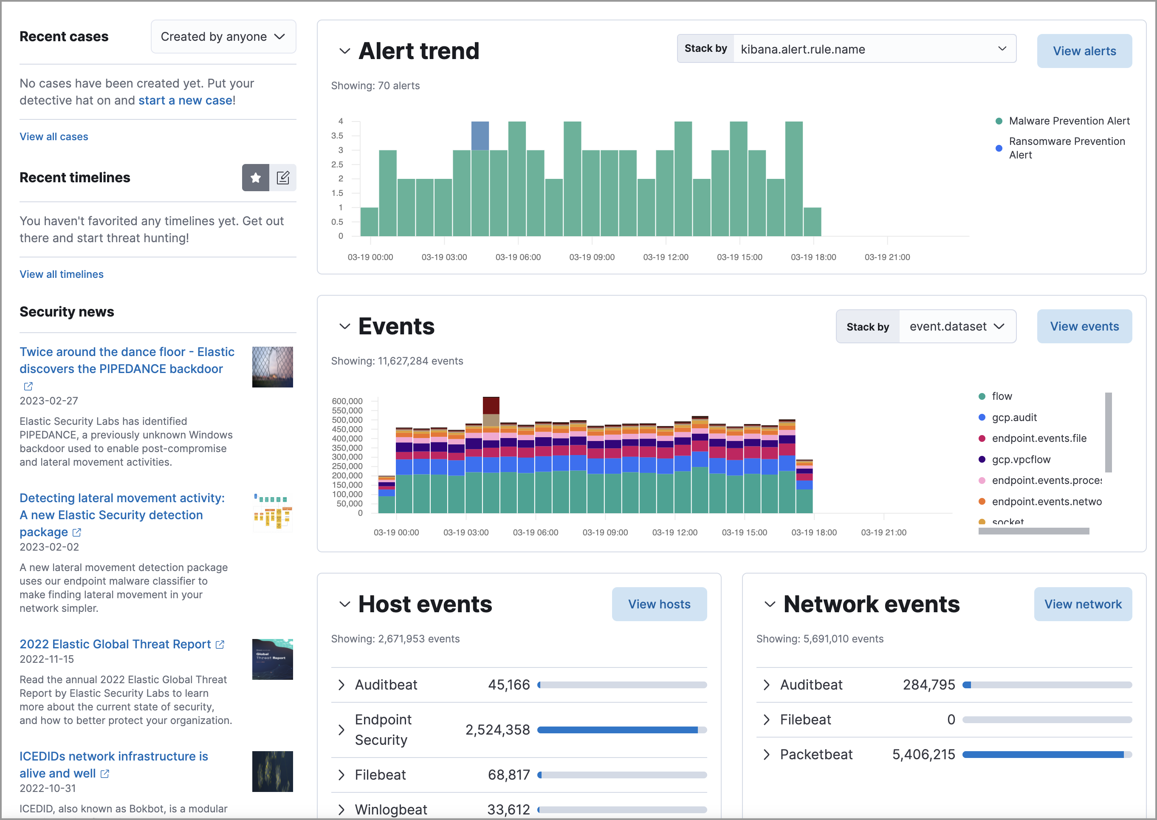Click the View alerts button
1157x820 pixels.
[1084, 51]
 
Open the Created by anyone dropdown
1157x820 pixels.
[223, 37]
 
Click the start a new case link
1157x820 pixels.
[185, 100]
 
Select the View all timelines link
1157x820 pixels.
[61, 274]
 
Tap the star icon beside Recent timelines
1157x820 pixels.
[255, 178]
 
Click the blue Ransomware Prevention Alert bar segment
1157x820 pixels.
[480, 135]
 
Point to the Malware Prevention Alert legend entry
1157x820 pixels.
[1068, 121]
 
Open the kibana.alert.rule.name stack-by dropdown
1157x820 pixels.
[874, 49]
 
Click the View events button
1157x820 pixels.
[1084, 327]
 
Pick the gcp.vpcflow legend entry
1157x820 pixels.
[1020, 459]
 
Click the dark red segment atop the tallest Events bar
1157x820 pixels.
[491, 405]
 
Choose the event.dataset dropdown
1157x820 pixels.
[957, 327]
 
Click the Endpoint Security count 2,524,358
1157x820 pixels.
[497, 730]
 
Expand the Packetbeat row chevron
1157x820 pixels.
[766, 755]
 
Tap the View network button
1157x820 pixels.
[1082, 605]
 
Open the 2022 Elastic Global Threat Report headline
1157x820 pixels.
[115, 644]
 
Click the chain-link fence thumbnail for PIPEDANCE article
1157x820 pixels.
[272, 367]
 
